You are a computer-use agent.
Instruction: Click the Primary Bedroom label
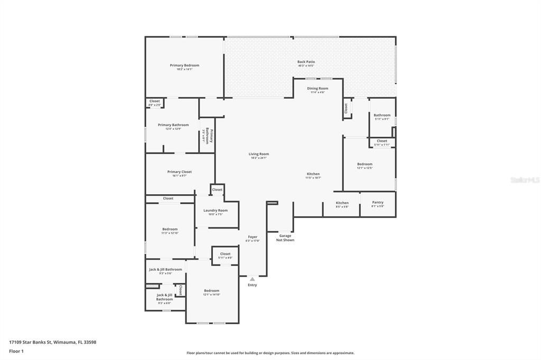[184, 65]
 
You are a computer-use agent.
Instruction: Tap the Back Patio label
[306, 62]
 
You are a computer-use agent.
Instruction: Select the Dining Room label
[318, 88]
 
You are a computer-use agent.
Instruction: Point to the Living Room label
[259, 154]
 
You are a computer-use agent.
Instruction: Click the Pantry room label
[377, 202]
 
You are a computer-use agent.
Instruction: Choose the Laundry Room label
[216, 210]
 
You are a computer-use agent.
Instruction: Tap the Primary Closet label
[180, 172]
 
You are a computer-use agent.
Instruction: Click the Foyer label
[253, 237]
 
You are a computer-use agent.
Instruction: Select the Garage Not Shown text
[285, 238]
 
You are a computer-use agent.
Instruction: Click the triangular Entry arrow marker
[253, 279]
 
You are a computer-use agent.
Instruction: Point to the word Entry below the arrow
[253, 285]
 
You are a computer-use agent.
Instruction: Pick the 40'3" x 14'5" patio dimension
[306, 66]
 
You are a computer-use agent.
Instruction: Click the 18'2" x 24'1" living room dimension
[259, 158]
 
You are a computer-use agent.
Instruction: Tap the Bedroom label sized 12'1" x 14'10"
[211, 290]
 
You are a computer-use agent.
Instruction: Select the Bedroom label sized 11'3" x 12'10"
[170, 229]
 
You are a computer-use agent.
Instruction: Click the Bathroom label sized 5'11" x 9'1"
[382, 115]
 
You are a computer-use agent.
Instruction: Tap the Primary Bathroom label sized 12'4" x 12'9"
[173, 125]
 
